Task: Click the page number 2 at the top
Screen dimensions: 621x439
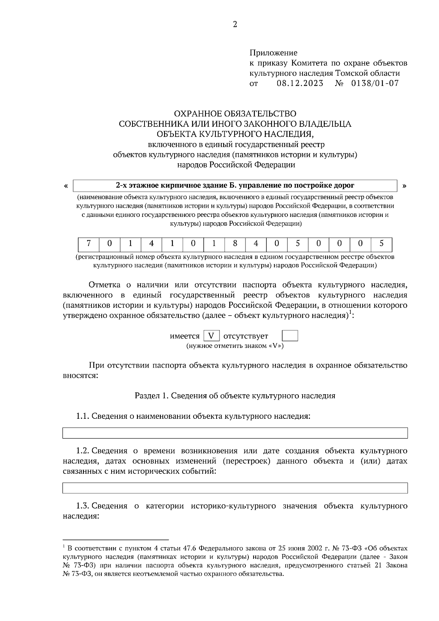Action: (x=235, y=25)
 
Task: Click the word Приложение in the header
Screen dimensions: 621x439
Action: (x=273, y=53)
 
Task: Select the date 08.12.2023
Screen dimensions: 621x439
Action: (x=300, y=83)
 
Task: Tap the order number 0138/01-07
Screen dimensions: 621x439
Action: (x=375, y=83)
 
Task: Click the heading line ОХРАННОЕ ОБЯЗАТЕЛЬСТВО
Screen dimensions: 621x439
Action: (x=235, y=114)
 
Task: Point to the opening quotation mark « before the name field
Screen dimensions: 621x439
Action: (x=66, y=186)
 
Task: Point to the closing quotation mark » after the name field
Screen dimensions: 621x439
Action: (x=404, y=186)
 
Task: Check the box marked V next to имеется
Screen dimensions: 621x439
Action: (x=211, y=336)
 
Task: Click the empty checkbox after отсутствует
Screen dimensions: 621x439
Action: (x=290, y=336)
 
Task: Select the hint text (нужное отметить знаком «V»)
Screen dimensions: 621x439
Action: (x=235, y=346)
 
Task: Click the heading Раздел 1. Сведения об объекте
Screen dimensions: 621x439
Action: (x=235, y=396)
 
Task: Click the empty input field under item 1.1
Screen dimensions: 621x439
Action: (x=235, y=433)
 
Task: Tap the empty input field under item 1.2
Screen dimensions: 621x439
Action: (x=235, y=488)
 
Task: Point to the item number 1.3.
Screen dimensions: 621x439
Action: (x=83, y=506)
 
